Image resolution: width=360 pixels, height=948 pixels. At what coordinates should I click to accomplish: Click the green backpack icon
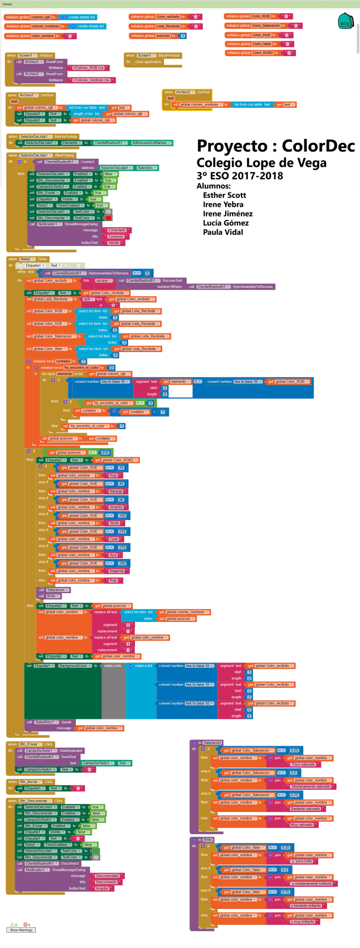(x=345, y=22)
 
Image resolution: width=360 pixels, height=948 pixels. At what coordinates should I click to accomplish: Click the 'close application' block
(x=149, y=62)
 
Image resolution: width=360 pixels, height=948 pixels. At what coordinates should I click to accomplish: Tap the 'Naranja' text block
(x=116, y=492)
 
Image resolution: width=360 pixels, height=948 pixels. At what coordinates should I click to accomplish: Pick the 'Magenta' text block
(x=116, y=571)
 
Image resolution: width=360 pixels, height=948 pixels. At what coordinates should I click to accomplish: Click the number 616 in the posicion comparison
(x=105, y=452)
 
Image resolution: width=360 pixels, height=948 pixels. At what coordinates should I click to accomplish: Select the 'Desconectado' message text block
(x=107, y=875)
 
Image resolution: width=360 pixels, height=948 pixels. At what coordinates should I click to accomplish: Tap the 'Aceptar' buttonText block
(x=102, y=888)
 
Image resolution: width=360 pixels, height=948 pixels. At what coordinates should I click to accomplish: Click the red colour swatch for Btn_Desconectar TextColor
(x=108, y=218)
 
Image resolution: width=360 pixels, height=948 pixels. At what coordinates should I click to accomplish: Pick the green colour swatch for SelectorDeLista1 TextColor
(x=96, y=850)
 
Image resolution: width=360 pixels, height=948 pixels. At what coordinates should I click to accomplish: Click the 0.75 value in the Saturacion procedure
(x=294, y=795)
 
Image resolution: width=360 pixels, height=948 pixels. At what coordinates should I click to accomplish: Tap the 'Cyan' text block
(x=115, y=539)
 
